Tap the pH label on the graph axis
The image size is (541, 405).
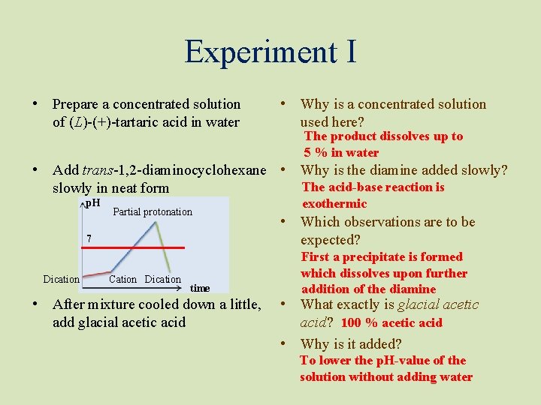tap(92, 203)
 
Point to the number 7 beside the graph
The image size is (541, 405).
tap(89, 239)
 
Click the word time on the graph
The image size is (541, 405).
tap(200, 288)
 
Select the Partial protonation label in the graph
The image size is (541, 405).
tap(153, 212)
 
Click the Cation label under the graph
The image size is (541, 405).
tap(122, 280)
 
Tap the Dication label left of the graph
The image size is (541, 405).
tap(61, 280)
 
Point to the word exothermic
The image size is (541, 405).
tap(334, 204)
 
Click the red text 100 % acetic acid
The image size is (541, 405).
tap(391, 323)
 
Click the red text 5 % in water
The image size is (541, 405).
tap(341, 153)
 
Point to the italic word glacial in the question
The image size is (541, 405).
tap(421, 304)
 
